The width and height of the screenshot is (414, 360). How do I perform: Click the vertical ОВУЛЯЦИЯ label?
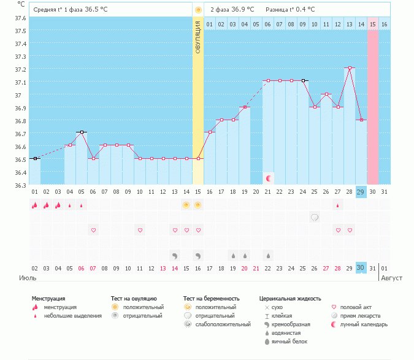(198, 37)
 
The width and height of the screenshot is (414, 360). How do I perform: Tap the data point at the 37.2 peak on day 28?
(349, 68)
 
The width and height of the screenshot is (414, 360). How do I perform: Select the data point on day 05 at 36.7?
(82, 132)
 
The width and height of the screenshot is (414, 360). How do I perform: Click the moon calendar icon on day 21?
(268, 178)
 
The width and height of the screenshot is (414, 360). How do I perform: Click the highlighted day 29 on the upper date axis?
(361, 192)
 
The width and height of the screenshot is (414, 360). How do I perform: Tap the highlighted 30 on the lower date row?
(361, 267)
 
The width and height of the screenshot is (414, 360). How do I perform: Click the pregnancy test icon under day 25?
(314, 217)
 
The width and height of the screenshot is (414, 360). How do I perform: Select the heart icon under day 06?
(93, 230)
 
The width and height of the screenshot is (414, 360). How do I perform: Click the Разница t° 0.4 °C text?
(290, 10)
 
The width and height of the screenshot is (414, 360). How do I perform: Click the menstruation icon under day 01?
(35, 205)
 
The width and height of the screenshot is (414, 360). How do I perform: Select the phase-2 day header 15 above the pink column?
(372, 24)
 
